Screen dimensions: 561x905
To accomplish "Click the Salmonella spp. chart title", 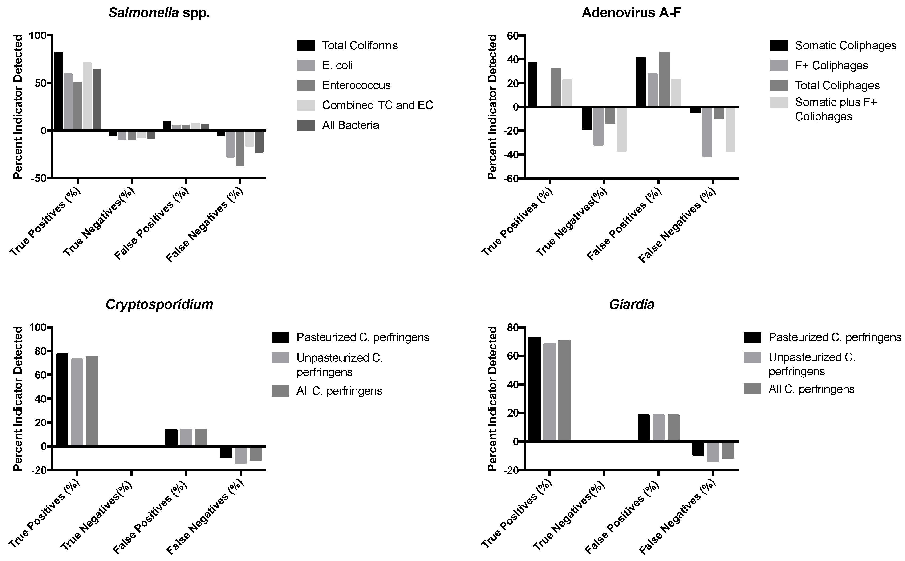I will tap(159, 13).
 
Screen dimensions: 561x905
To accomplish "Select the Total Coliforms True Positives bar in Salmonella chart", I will tap(59, 91).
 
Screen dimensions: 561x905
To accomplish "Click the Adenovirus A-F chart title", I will tap(631, 13).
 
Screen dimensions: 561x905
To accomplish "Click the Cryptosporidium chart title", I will tap(159, 305).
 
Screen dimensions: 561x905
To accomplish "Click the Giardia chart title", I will tap(631, 305).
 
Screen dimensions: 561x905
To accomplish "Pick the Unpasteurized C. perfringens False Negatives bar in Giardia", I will tap(713, 452).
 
